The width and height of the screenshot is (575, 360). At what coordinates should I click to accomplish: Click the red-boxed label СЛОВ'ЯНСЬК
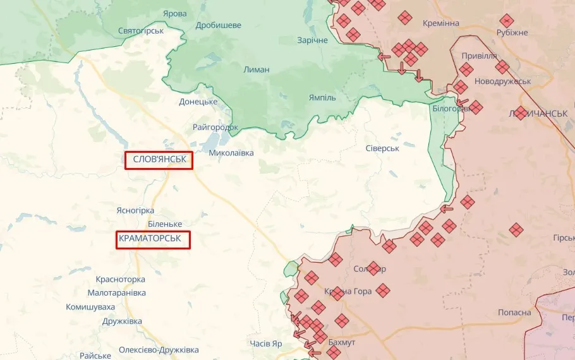point(159,160)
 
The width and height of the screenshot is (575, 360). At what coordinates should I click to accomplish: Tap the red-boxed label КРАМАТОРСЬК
point(153,239)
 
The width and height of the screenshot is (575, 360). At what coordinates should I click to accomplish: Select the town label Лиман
point(257,69)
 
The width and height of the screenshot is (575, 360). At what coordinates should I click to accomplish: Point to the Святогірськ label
point(141,30)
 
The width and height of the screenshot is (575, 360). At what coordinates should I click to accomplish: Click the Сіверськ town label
point(382,148)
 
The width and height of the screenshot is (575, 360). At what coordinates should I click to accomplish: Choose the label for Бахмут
point(342,342)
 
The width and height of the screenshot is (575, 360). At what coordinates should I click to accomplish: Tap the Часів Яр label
point(266,344)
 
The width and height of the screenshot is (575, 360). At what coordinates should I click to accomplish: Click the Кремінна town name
point(441,23)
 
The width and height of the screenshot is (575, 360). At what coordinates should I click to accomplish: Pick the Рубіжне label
point(512,32)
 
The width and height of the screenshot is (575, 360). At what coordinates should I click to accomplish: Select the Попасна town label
point(514,313)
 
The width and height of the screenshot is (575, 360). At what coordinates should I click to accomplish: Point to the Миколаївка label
point(231,153)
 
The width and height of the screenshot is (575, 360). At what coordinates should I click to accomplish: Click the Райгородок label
point(215,127)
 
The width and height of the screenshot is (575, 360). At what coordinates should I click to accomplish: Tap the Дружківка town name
point(123,321)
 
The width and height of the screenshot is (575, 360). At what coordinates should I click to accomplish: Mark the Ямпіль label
point(322,98)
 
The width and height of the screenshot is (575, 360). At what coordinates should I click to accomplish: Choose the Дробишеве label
point(219,25)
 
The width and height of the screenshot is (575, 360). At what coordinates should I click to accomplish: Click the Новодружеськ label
point(503,81)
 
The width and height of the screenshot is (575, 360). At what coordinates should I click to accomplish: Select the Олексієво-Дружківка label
point(159,349)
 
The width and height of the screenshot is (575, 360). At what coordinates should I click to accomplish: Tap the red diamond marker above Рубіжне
point(506,20)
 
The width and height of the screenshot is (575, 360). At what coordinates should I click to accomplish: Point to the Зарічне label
point(313,40)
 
